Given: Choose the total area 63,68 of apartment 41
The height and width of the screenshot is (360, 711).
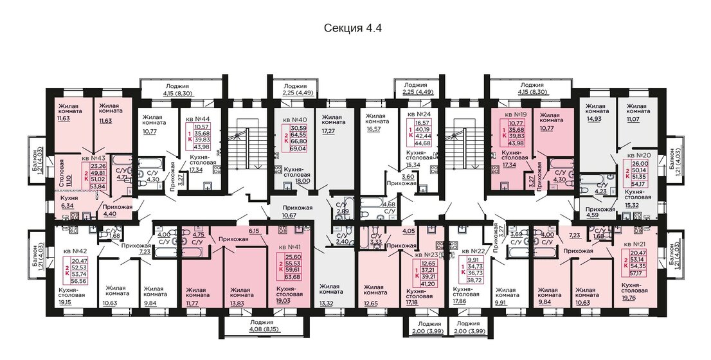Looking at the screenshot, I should click(x=292, y=278).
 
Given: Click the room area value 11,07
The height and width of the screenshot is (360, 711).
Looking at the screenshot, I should click(x=635, y=120).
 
